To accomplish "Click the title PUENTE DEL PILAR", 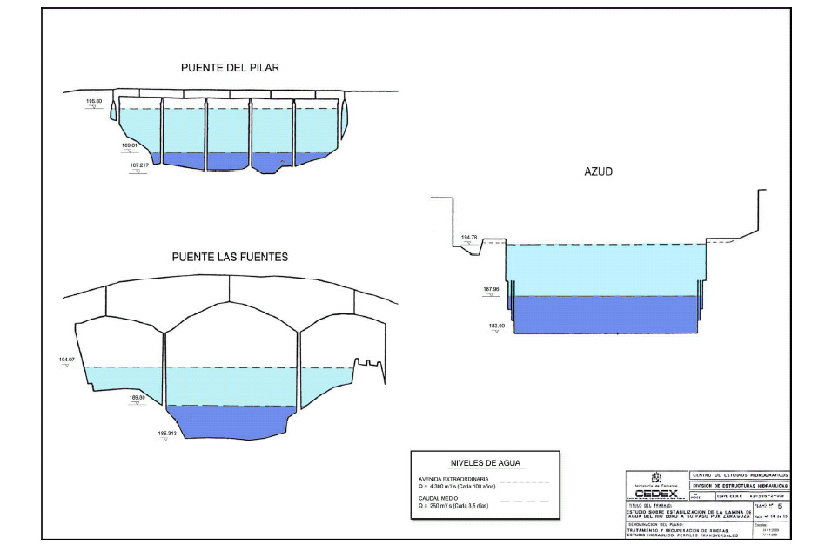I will pyautogui.click(x=230, y=68).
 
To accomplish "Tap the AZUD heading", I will pyautogui.click(x=598, y=172).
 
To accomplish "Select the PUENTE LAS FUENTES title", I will pyautogui.click(x=230, y=258).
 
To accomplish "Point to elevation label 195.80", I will pyautogui.click(x=94, y=102).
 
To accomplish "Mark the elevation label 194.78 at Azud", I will pyautogui.click(x=470, y=237).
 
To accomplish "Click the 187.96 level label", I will pyautogui.click(x=493, y=289).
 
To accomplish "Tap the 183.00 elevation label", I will pyautogui.click(x=497, y=326).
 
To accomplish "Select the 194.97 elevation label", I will pyautogui.click(x=67, y=359).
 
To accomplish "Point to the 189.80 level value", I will pyautogui.click(x=137, y=397).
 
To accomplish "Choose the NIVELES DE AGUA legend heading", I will pyautogui.click(x=485, y=463).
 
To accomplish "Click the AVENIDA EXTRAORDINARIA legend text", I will pyautogui.click(x=454, y=479).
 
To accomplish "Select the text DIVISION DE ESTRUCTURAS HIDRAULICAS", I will pyautogui.click(x=739, y=486).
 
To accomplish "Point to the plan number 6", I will pyautogui.click(x=779, y=505).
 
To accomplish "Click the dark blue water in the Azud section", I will pyautogui.click(x=606, y=314).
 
